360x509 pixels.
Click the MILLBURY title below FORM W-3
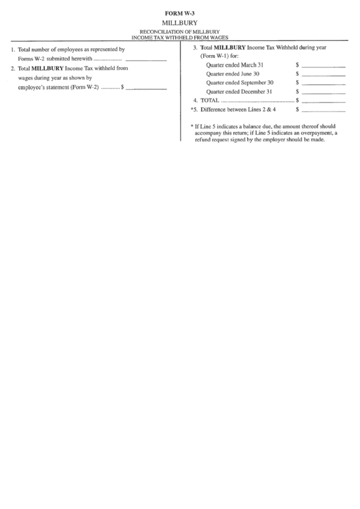click(x=180, y=23)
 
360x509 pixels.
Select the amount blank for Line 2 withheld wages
click(x=146, y=88)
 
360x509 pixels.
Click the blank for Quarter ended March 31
click(x=323, y=65)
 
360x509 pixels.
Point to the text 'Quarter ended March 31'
click(x=235, y=65)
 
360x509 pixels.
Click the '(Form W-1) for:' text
click(x=219, y=56)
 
